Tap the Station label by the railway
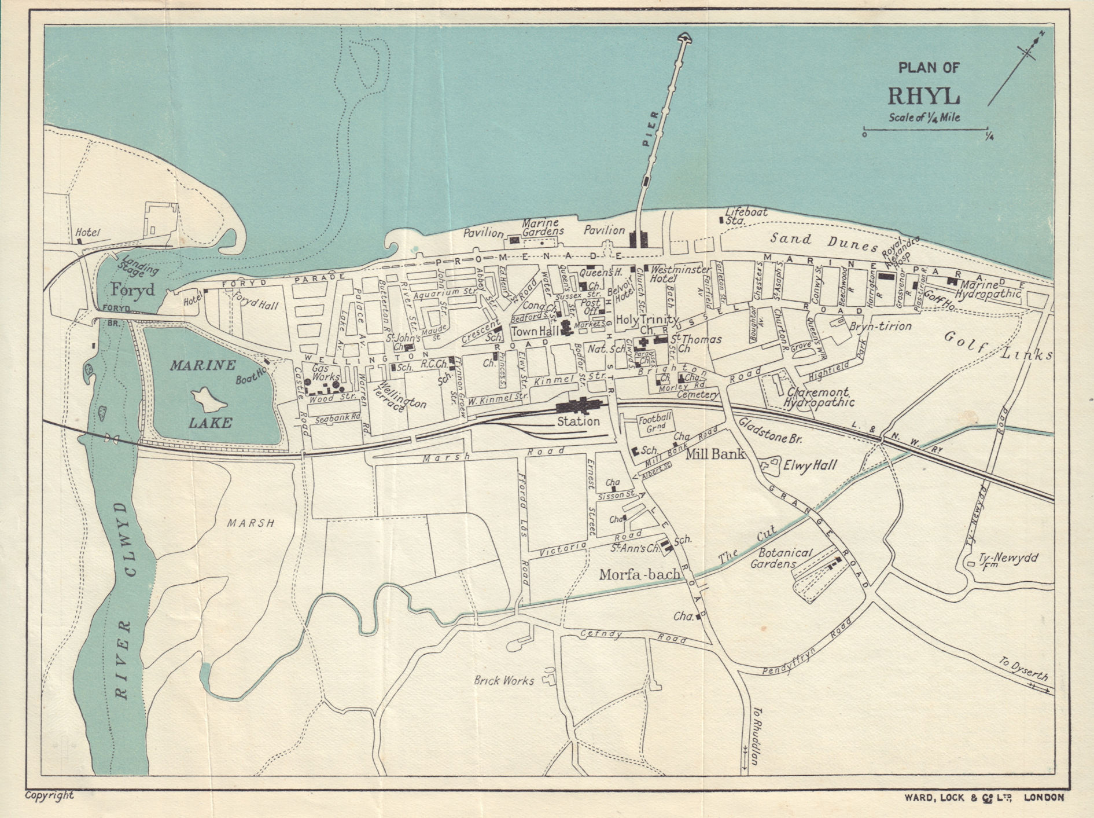(x=578, y=421)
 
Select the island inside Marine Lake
(x=208, y=398)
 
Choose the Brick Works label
(x=503, y=681)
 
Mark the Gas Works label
(x=326, y=372)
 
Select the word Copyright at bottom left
(x=50, y=795)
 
